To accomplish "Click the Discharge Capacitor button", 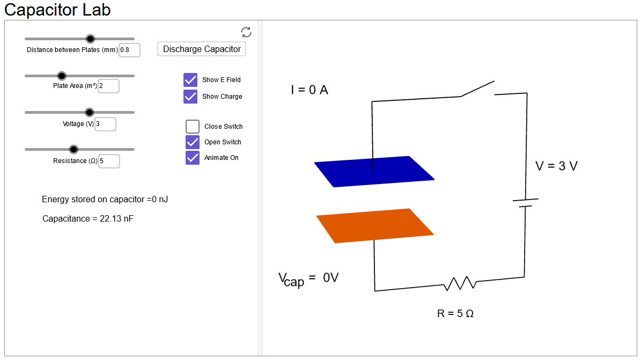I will (202, 49).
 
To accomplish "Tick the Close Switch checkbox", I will (193, 127).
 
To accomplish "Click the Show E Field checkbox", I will (190, 80).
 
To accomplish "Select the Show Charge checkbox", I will (190, 97).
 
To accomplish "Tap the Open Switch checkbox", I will (193, 142).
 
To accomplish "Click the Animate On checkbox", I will (193, 158).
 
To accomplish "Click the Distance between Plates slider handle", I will (91, 39).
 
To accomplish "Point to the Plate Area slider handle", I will (62, 76).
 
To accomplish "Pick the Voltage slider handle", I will (90, 112).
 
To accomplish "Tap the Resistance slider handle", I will (74, 149).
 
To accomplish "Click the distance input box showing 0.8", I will (129, 50).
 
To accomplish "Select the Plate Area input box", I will (108, 86).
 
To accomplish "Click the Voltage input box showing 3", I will (105, 124).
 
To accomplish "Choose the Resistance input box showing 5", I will (109, 161).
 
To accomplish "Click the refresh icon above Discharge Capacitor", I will (246, 32).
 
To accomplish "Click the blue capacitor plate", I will (374, 172).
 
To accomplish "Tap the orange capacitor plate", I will (375, 225).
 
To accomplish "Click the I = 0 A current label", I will (310, 90).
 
